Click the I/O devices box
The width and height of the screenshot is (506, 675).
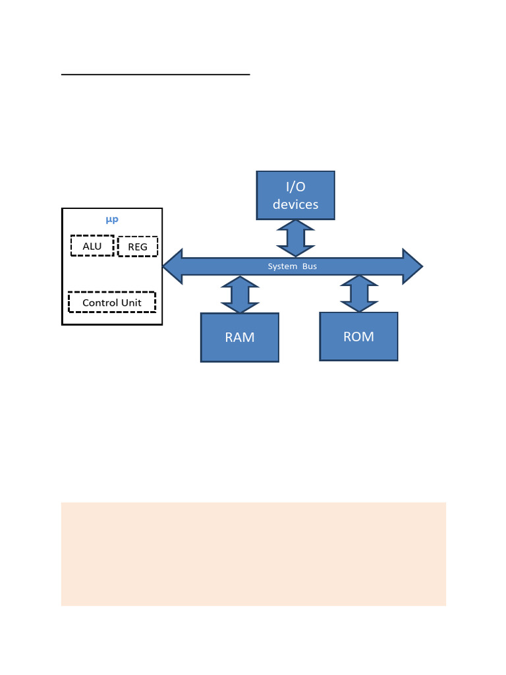click(x=295, y=195)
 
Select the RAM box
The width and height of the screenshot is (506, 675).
click(x=240, y=337)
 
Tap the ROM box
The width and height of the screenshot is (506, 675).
click(x=358, y=336)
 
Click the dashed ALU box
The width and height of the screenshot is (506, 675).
click(x=92, y=246)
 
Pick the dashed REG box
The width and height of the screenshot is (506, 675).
click(x=138, y=247)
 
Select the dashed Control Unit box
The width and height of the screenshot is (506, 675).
click(x=112, y=303)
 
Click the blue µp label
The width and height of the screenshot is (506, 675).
click(x=112, y=220)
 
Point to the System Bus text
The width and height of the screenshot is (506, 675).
click(x=292, y=266)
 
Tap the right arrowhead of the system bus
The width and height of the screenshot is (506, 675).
click(x=412, y=266)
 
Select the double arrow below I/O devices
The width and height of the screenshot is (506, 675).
click(x=295, y=238)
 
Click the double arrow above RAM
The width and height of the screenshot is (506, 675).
click(x=240, y=295)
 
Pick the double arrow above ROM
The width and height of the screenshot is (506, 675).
click(x=359, y=294)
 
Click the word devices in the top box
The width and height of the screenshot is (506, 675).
click(x=295, y=204)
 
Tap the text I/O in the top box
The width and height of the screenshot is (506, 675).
click(x=295, y=187)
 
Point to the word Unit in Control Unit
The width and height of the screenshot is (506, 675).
click(x=130, y=303)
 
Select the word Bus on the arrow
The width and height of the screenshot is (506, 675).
click(x=310, y=266)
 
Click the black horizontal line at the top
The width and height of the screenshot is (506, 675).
click(x=155, y=75)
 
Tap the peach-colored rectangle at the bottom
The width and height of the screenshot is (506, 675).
click(x=253, y=554)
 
